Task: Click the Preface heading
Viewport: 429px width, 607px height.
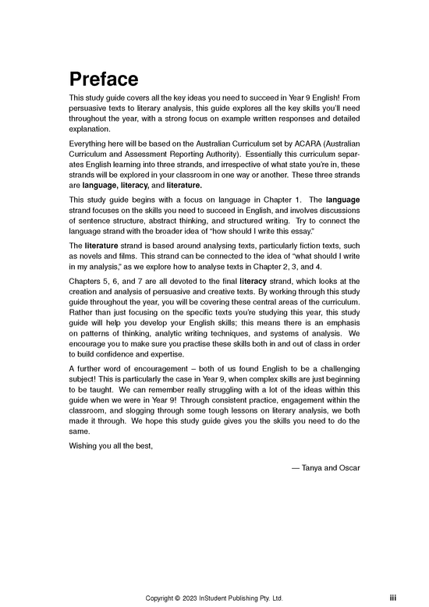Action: pos(104,80)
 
